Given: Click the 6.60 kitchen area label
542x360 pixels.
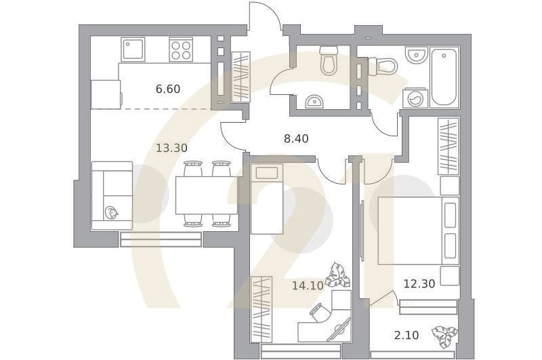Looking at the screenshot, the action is [x=168, y=89].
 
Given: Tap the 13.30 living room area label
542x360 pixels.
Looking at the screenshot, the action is [x=171, y=148].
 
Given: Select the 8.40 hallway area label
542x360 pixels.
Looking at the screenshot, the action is [x=296, y=139].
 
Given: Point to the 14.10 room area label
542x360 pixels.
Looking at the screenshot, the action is [x=308, y=285].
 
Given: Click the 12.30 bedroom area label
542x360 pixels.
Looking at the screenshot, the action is [x=419, y=284].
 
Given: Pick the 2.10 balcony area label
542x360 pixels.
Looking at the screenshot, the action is [x=406, y=335].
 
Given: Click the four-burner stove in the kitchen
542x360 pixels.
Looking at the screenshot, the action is [x=181, y=49].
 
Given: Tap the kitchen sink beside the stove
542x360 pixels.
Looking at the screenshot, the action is [x=133, y=49].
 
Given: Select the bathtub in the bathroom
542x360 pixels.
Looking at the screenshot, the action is [x=444, y=77].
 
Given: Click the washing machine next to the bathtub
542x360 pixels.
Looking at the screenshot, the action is [x=415, y=99].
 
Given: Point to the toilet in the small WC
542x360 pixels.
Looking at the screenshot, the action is [x=329, y=60].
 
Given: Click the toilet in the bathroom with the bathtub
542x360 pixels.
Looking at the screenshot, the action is [x=383, y=66].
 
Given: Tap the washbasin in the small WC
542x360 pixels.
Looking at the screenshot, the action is [x=314, y=102].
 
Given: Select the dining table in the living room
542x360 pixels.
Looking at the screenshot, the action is [x=207, y=195].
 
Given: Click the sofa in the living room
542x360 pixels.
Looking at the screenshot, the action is [x=112, y=196].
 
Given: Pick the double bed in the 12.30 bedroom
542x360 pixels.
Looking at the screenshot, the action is [x=419, y=231].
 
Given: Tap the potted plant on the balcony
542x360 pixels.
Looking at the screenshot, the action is [x=444, y=336].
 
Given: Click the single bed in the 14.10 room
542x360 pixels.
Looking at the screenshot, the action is [x=267, y=199].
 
